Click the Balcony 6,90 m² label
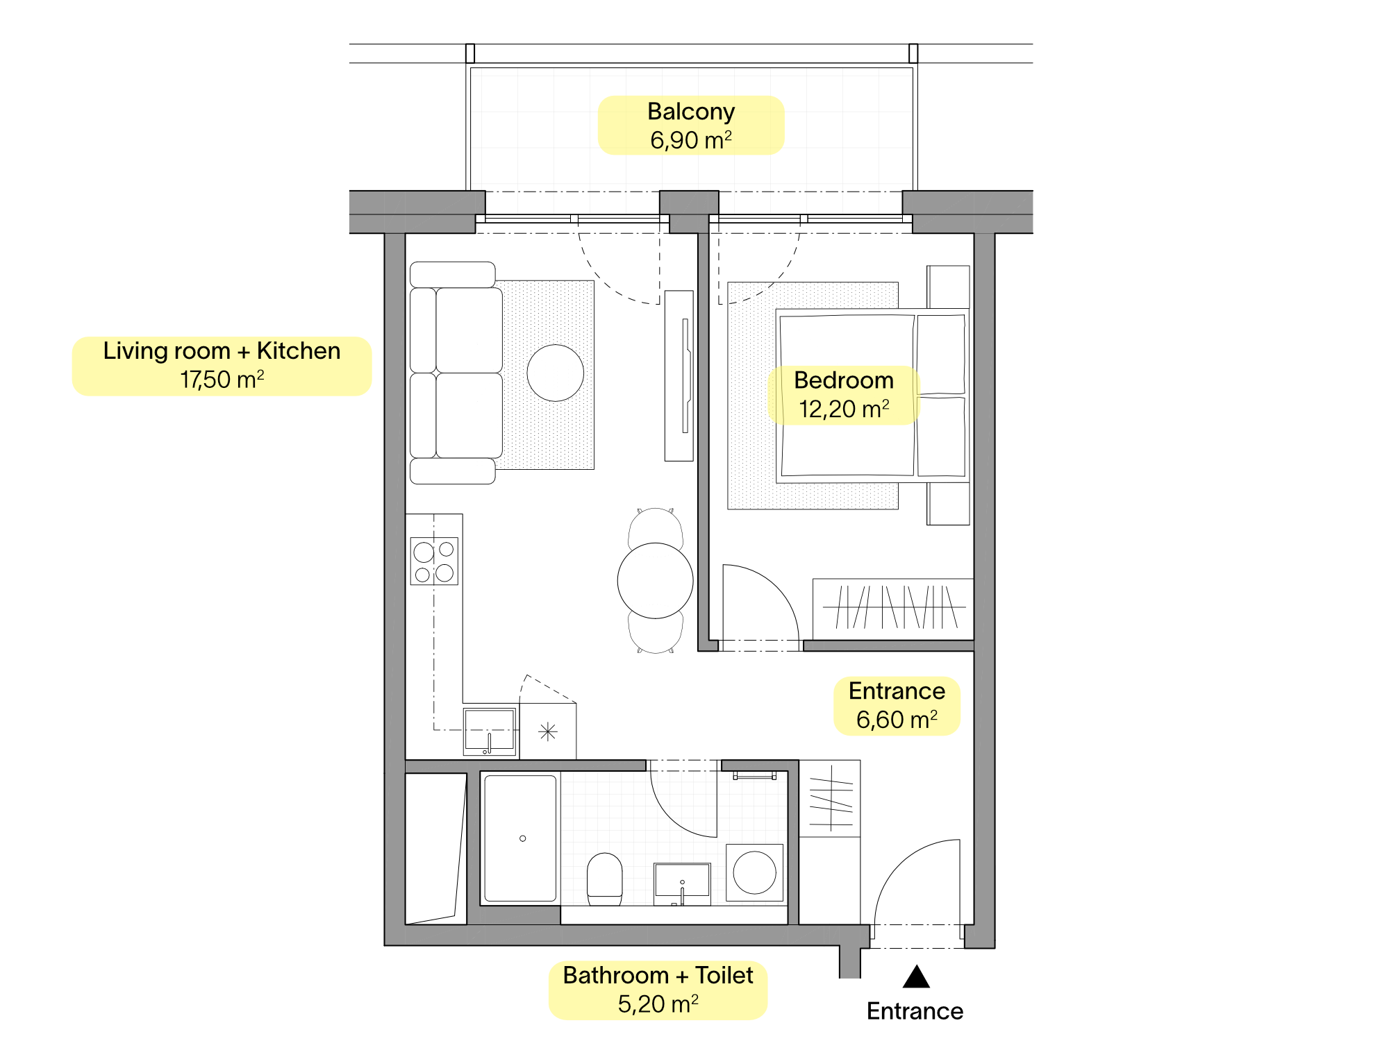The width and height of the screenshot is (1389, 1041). tap(691, 126)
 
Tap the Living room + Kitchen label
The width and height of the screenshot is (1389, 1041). tap(222, 366)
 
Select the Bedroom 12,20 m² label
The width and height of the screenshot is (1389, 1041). tap(844, 395)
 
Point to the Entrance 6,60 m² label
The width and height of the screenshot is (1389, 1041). tap(897, 706)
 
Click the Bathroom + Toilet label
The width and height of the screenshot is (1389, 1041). tap(658, 990)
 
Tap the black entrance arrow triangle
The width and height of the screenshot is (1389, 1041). tap(916, 976)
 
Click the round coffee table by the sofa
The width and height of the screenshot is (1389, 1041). tap(555, 373)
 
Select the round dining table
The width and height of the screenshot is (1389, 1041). tap(655, 580)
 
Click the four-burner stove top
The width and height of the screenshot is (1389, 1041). tap(434, 561)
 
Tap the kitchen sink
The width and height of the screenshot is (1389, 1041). tap(490, 731)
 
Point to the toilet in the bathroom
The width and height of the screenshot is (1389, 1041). tap(605, 879)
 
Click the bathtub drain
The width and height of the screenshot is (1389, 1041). tap(523, 838)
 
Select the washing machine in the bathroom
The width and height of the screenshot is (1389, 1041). tap(754, 872)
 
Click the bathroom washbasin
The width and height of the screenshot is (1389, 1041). tap(682, 883)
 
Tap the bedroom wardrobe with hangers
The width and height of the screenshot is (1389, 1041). tap(893, 609)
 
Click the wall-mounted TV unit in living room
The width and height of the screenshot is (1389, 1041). tap(679, 375)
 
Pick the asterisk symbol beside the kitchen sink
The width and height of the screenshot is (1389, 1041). tap(548, 731)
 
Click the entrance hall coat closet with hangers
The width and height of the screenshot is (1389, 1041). tap(830, 798)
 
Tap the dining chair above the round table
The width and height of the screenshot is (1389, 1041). tap(655, 527)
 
